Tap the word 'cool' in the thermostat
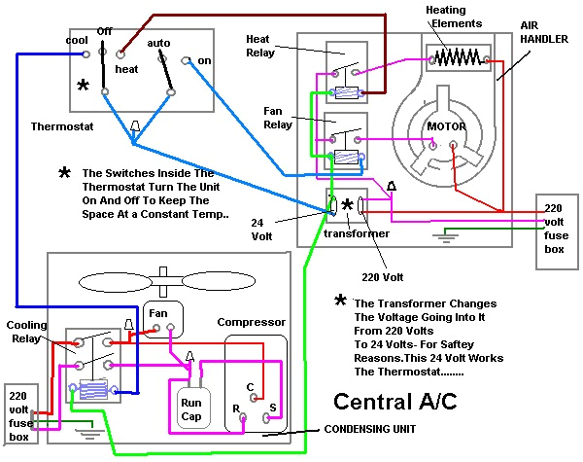point(78,40)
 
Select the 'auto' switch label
point(158,43)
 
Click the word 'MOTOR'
point(449,126)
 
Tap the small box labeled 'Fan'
point(157,314)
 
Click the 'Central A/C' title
point(394,402)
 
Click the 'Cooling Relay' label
point(27,332)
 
